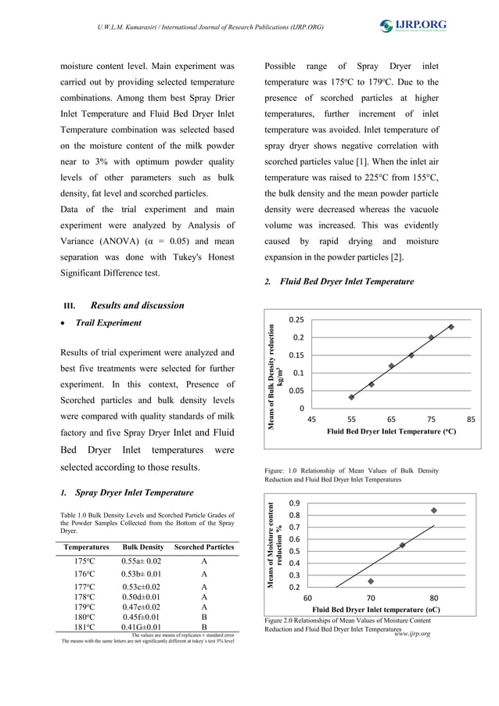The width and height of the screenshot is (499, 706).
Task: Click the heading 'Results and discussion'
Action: coord(137,305)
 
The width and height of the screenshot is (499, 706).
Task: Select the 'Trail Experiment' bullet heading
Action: coord(108,322)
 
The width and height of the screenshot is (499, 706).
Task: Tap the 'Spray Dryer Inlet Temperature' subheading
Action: coord(134,493)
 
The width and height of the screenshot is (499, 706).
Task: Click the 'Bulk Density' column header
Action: coord(143,546)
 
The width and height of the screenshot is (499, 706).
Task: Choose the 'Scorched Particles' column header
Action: coord(203,546)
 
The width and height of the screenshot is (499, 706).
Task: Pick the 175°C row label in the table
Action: coord(85,561)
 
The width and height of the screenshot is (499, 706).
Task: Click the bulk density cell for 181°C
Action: coord(142,627)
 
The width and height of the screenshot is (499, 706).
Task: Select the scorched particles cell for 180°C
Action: coord(203,617)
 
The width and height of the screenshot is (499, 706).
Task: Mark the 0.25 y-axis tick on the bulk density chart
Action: coord(296,320)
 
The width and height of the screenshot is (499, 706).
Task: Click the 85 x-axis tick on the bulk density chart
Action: coord(471,420)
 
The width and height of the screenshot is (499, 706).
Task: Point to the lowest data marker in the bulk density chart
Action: coord(352,397)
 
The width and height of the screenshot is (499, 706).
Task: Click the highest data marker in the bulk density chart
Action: coord(451,326)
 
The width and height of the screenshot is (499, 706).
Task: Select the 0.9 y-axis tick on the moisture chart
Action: coord(295,503)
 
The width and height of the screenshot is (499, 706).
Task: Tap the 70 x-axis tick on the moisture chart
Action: coord(371,597)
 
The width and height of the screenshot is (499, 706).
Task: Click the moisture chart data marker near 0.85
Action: coord(434,510)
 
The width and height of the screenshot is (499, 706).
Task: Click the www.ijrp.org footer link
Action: coord(412,632)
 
